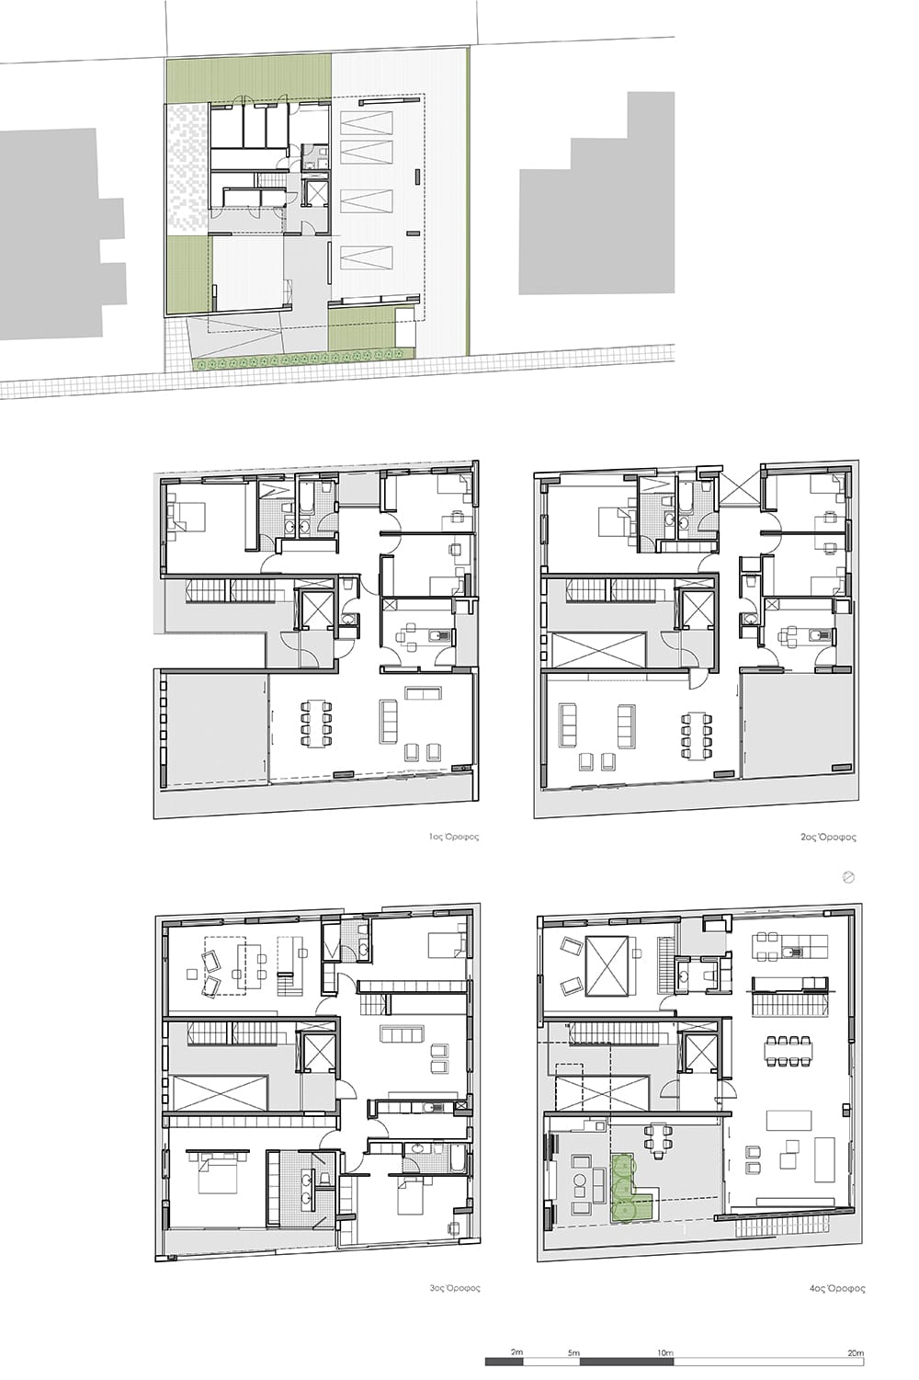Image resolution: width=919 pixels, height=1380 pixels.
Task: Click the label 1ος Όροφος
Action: point(454,838)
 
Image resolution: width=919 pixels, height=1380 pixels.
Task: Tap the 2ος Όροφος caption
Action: point(828,838)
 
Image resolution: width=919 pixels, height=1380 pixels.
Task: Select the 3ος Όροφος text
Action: point(454,1287)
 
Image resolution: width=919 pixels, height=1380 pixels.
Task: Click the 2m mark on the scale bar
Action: point(516,1347)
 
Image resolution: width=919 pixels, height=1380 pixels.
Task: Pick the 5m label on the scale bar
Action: point(573,1348)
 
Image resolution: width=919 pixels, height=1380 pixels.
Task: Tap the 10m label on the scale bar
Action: point(664,1348)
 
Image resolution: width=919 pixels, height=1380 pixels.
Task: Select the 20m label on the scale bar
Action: point(855,1348)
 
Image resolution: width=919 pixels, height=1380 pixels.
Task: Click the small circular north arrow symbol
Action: point(848,878)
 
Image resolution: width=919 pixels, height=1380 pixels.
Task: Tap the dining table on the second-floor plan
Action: point(697,735)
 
